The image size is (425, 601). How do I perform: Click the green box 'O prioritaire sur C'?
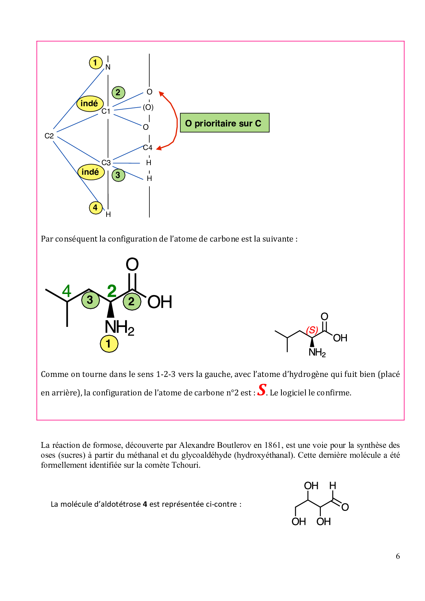[224, 123]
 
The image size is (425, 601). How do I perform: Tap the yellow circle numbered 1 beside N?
[96, 63]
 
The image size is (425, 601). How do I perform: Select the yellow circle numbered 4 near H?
[96, 208]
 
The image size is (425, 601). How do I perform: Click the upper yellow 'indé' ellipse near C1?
[90, 103]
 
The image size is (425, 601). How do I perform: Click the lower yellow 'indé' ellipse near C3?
[91, 172]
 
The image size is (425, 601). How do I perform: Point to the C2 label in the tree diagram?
[49, 136]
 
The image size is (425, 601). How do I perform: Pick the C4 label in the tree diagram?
[148, 148]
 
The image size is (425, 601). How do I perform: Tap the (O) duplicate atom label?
[148, 107]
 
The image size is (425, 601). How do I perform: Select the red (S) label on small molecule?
[312, 330]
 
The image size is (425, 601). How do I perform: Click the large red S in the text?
[262, 390]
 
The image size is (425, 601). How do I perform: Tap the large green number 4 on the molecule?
[66, 291]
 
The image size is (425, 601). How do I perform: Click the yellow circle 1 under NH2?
[109, 344]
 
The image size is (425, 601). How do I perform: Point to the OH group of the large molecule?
[160, 302]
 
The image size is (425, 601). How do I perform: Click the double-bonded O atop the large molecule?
[132, 264]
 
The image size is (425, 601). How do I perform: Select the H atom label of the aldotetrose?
[332, 486]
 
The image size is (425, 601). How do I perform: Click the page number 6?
[398, 556]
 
